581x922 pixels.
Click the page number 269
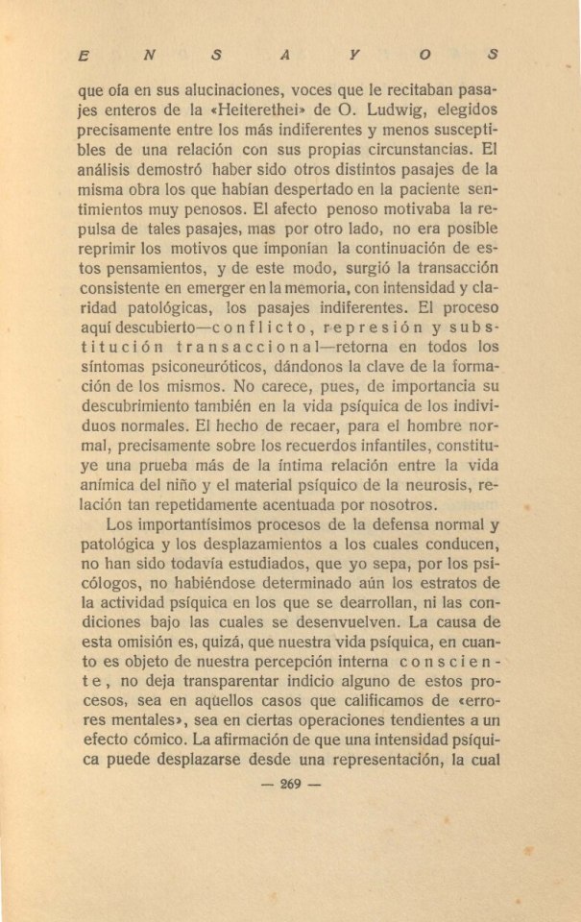[291, 784]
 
